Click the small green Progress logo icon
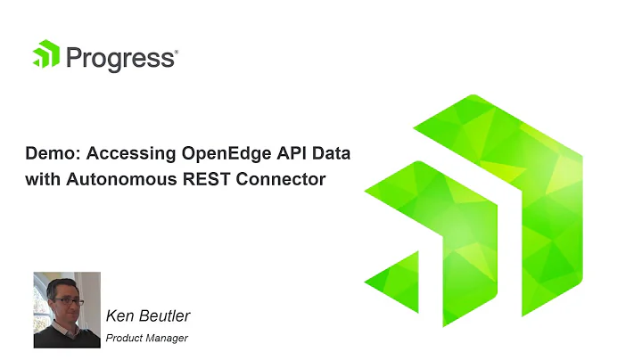point(45,54)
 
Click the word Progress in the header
point(119,59)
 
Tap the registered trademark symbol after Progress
point(177,53)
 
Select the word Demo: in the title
point(48,154)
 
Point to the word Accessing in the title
point(117,154)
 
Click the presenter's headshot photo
point(67,309)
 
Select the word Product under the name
point(123,339)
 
